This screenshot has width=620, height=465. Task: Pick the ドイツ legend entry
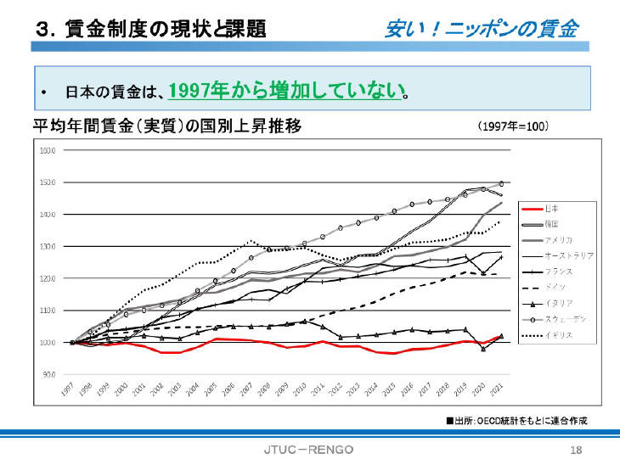(554, 288)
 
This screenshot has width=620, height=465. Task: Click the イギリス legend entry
(556, 335)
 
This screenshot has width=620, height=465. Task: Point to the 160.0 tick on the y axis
(48, 151)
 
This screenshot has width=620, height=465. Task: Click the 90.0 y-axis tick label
(48, 374)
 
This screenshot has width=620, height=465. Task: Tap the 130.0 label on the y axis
(48, 247)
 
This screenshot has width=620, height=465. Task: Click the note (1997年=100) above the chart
(513, 126)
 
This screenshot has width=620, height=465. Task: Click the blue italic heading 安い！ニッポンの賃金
(481, 29)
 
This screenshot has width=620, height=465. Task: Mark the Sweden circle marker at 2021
(502, 183)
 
